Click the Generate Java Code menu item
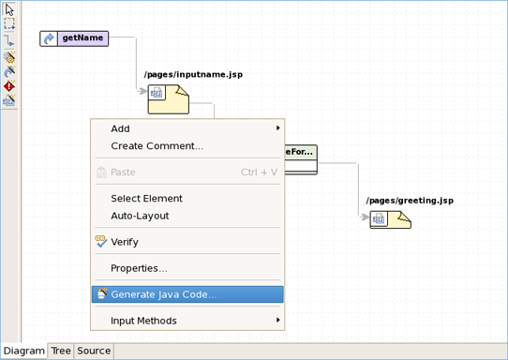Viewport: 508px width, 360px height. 164,294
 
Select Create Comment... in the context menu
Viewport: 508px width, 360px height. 157,146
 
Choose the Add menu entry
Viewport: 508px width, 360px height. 120,128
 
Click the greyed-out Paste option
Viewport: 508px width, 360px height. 123,172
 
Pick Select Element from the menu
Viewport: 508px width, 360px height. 146,199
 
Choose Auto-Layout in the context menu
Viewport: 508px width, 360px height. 140,216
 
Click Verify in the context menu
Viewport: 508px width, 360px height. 124,242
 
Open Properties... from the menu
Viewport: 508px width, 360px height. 139,268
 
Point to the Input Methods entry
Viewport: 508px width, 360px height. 143,321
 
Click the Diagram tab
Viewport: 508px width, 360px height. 23,352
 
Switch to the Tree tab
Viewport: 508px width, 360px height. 61,352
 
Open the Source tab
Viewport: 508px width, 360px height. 94,352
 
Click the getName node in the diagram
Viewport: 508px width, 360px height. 74,38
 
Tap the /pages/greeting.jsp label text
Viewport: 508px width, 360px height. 410,201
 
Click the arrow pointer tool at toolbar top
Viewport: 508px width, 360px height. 9,10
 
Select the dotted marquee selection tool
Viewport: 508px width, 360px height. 9,25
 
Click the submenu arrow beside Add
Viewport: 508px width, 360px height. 277,128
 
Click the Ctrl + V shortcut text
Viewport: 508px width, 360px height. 259,172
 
